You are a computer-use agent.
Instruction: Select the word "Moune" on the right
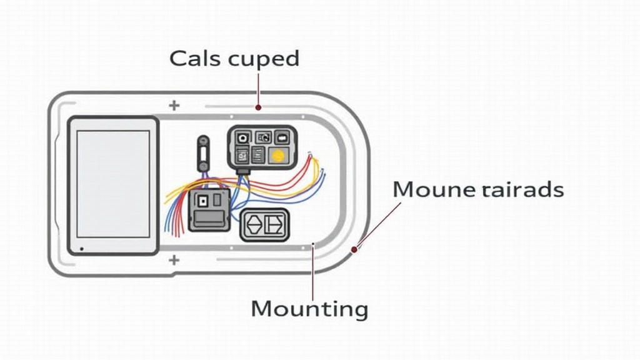pyautogui.click(x=432, y=189)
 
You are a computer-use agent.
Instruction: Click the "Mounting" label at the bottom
pyautogui.click(x=309, y=309)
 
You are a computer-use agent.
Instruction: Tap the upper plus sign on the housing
pyautogui.click(x=174, y=106)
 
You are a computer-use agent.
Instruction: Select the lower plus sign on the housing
pyautogui.click(x=174, y=259)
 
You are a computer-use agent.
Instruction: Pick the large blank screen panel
pyautogui.click(x=113, y=184)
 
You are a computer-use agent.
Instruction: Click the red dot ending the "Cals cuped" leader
pyautogui.click(x=258, y=107)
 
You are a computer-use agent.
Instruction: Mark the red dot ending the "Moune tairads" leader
pyautogui.click(x=354, y=249)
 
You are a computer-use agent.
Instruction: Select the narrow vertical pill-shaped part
pyautogui.click(x=202, y=152)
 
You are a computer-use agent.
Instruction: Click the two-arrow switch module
pyautogui.click(x=265, y=225)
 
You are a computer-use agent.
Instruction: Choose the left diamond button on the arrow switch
pyautogui.click(x=255, y=225)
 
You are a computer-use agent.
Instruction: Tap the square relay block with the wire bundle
pyautogui.click(x=209, y=209)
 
